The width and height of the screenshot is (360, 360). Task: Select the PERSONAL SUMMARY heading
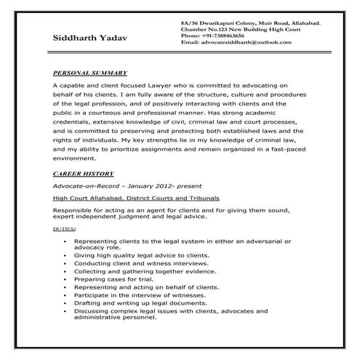[91, 73]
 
